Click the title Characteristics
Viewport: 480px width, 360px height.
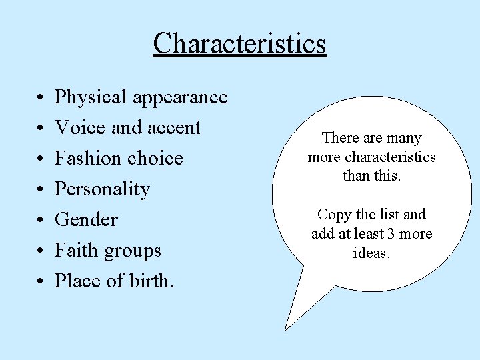[x=239, y=44]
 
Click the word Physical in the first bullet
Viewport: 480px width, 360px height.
[x=91, y=97]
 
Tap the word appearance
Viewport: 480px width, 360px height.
[x=181, y=98]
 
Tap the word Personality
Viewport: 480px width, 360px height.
[x=102, y=189]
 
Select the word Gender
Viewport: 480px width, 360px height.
[x=86, y=220]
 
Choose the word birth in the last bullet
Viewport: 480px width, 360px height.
[x=151, y=281]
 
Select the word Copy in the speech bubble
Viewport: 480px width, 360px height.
[x=333, y=215]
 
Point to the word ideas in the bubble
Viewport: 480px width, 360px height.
[x=371, y=253]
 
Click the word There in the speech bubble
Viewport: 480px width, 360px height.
[x=341, y=138]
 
